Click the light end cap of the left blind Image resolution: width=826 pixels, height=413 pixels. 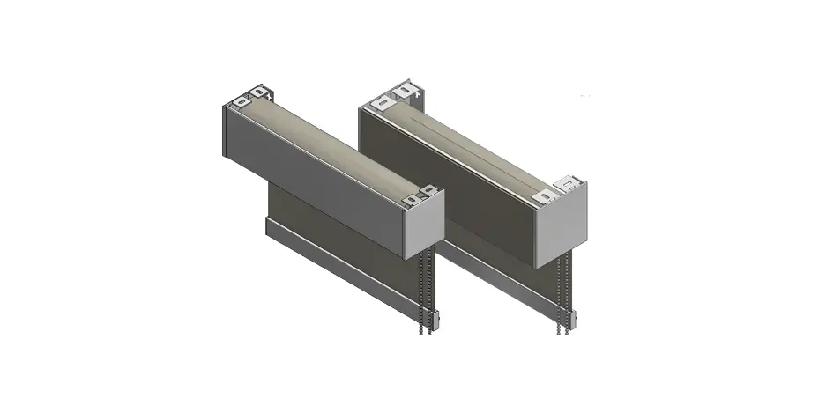(x=424, y=227)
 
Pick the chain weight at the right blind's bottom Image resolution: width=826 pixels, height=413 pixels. (x=564, y=323)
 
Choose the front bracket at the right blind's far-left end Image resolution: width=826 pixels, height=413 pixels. (x=380, y=103)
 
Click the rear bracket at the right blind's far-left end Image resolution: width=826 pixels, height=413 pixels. (x=405, y=89)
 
